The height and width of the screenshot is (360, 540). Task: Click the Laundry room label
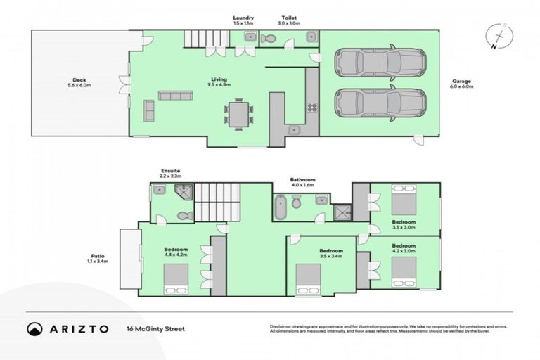click(x=244, y=18)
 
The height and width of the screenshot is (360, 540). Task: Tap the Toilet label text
click(x=290, y=18)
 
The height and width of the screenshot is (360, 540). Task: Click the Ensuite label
click(x=171, y=170)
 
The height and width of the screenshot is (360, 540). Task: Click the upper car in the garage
click(x=380, y=62)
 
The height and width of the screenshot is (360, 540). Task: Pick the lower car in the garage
click(x=380, y=103)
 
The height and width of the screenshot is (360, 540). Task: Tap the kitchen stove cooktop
click(x=312, y=108)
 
